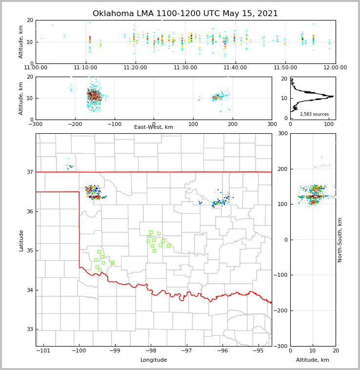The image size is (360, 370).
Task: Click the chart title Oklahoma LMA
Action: click(185, 14)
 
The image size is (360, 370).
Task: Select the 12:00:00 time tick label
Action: click(335, 68)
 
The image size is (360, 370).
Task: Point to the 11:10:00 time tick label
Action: click(85, 68)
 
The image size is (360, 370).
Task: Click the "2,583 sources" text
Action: click(314, 114)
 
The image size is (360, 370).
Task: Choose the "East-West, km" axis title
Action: click(154, 127)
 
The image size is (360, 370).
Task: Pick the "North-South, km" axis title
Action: click(340, 240)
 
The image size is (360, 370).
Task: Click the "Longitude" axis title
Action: click(154, 360)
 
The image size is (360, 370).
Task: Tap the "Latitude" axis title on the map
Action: click(21, 240)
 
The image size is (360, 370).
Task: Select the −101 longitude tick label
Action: click(43, 351)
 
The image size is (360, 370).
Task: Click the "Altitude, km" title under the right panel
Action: click(313, 360)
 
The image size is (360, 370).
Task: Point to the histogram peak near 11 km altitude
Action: click(332, 96)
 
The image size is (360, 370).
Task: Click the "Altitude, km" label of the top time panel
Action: click(21, 42)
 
